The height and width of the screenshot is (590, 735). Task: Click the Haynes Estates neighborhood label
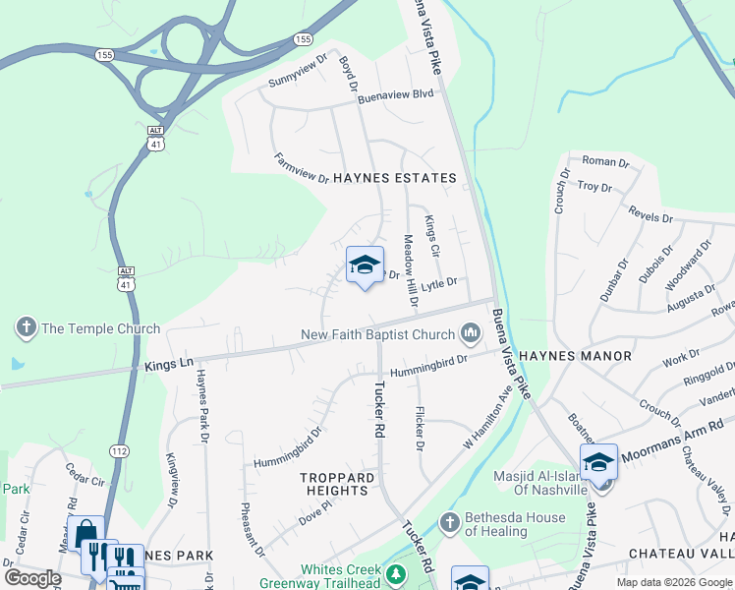point(394,178)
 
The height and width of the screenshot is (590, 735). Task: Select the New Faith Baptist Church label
point(378,335)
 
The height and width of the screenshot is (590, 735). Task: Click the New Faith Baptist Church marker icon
point(472,335)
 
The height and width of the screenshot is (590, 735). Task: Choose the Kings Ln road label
point(168,364)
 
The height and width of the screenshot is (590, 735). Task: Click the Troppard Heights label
point(337,484)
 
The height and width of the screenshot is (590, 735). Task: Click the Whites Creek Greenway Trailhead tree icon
point(396,574)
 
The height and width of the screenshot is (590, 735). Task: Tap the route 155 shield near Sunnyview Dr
point(303,39)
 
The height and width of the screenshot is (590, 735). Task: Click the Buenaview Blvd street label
point(395,95)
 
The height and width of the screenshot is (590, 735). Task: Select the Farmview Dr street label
point(301,168)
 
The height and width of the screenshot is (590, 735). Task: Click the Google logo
point(31,577)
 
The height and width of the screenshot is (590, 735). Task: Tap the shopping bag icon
point(85,532)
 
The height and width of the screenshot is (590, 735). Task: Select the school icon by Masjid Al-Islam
point(598,461)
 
